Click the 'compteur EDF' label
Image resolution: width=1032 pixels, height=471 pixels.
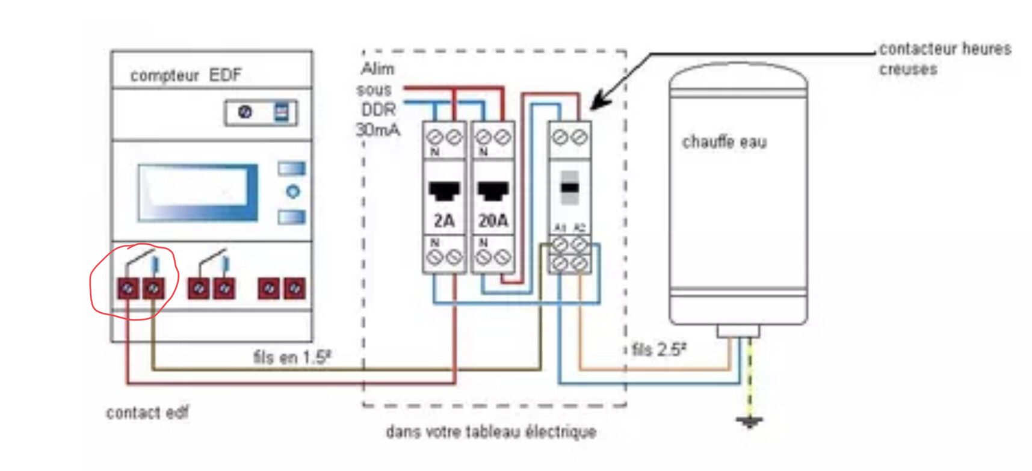185,75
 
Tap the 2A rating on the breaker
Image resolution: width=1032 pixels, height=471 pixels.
444,221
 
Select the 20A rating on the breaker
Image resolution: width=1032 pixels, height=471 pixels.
493,221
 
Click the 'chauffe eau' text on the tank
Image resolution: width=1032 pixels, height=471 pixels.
724,143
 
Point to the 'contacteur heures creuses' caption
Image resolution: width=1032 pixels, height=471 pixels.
944,58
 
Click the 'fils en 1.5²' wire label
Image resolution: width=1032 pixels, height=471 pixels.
292,357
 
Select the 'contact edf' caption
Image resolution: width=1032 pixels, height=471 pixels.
147,413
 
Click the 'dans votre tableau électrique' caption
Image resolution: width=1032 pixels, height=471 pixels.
491,432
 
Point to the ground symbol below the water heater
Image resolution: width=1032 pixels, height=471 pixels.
749,421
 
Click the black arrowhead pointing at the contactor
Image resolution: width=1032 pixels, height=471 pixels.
599,102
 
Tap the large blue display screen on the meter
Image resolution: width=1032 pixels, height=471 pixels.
197,192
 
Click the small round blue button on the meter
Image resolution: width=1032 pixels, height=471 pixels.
292,192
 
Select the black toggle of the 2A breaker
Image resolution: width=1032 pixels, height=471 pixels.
444,191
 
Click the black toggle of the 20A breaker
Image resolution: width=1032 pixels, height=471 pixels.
493,191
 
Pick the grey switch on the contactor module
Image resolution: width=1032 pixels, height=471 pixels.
569,187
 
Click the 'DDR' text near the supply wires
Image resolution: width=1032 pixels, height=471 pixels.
379,109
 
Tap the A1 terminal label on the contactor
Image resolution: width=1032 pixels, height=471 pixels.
560,228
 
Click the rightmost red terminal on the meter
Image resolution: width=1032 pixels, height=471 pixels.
295,289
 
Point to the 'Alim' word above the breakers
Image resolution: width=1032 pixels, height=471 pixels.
378,69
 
